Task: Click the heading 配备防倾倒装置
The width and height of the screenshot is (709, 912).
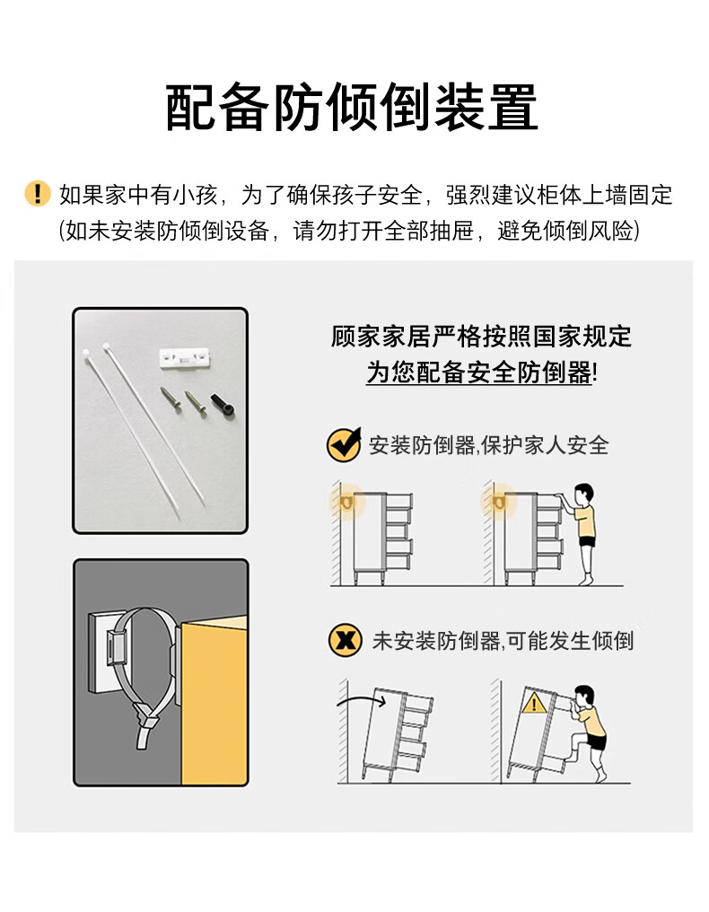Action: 352,108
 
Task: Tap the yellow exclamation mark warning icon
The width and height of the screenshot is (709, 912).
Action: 38,193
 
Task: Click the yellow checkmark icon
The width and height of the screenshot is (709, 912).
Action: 344,445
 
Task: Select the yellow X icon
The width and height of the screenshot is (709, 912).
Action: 345,641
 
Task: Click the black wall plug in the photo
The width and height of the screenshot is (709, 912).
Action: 223,405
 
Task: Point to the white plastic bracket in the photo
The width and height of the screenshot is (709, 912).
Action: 185,357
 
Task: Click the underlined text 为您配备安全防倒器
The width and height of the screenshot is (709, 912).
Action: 478,373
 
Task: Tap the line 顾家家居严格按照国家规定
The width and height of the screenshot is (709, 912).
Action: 481,337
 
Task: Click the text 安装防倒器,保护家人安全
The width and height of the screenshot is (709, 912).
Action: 488,445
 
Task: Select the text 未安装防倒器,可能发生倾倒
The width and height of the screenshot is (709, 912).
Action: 503,641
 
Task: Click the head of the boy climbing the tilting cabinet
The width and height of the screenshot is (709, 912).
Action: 584,697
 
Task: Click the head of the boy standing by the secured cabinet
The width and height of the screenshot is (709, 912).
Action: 583,495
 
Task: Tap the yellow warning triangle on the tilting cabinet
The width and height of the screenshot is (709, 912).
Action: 533,704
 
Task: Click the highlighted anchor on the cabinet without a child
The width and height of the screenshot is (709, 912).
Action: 347,502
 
